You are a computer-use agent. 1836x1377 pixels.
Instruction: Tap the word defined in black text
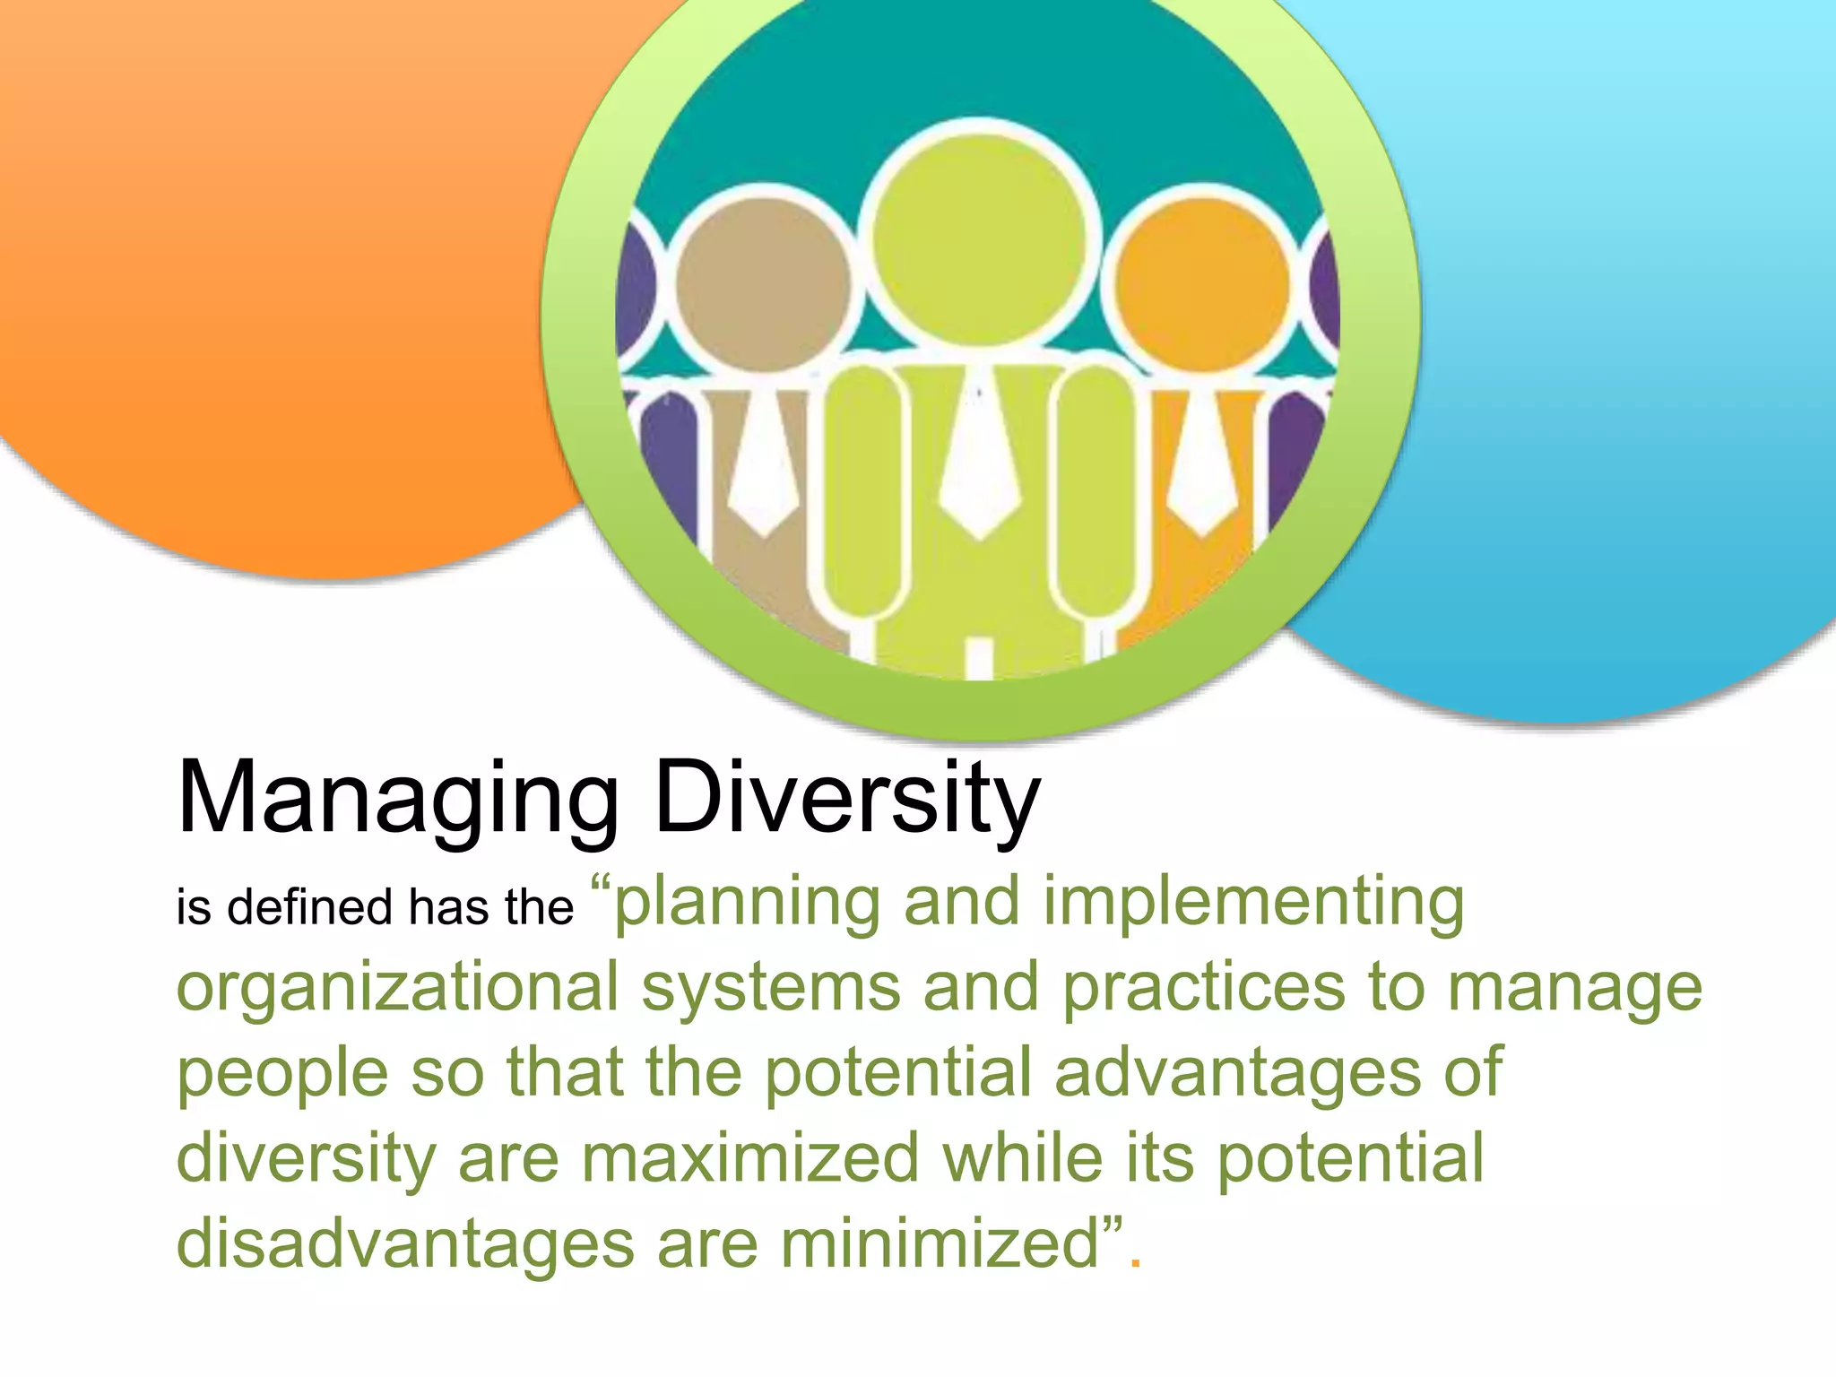click(309, 906)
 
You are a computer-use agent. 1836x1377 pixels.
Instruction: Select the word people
click(281, 1074)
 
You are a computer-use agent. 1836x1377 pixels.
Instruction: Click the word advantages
click(1236, 1072)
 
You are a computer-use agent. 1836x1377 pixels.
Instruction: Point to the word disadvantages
click(404, 1243)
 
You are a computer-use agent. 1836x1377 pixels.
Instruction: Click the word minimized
click(940, 1243)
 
